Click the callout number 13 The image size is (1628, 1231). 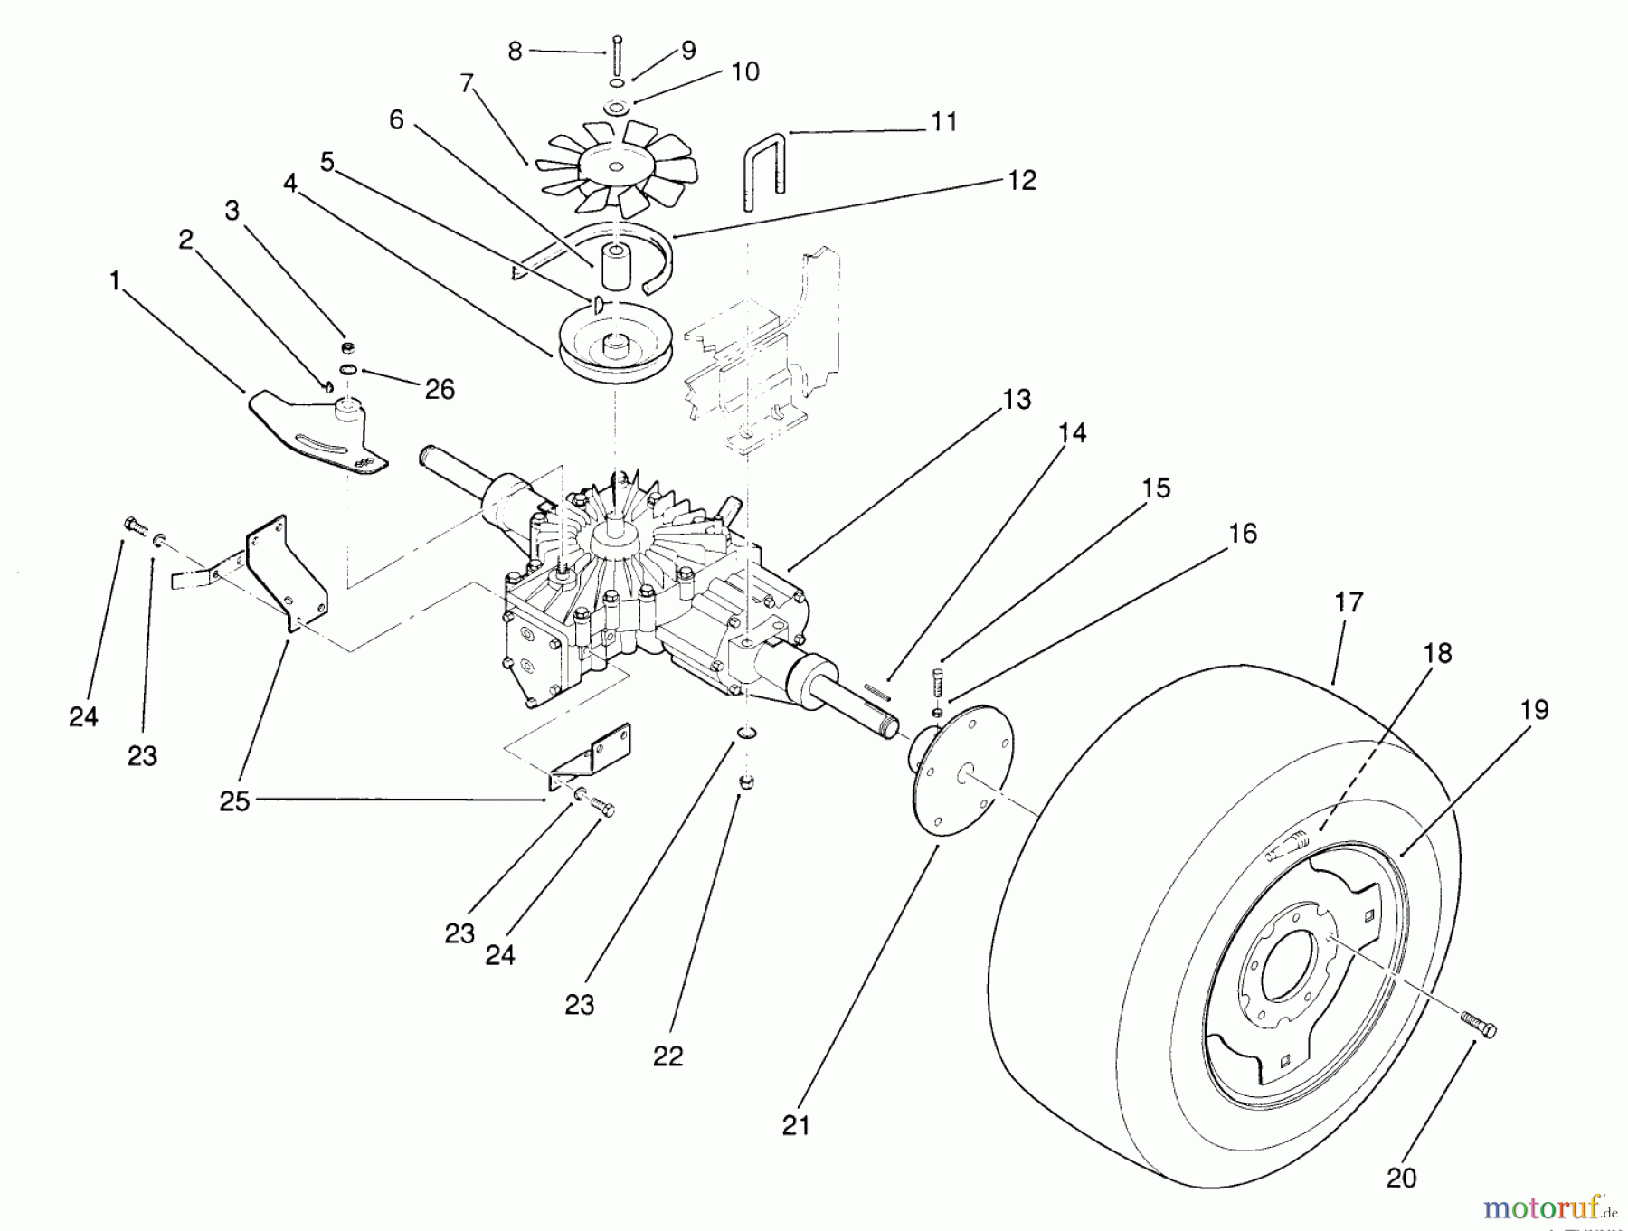[x=1017, y=399]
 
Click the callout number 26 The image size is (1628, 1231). [x=440, y=389]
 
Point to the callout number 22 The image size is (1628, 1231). [x=667, y=1055]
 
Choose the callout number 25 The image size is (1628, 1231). [x=234, y=800]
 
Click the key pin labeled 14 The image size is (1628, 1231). [x=876, y=692]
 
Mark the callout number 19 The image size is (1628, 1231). [x=1534, y=710]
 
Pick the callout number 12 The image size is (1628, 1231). [x=1021, y=180]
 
